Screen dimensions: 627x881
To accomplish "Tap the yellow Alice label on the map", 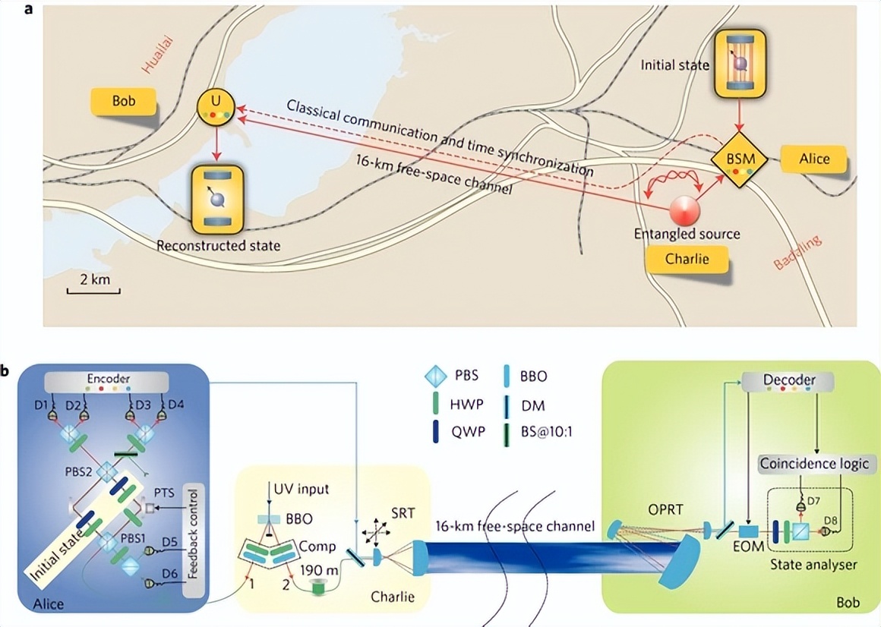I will click(813, 159).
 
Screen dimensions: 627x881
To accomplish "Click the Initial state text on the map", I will click(674, 65).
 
